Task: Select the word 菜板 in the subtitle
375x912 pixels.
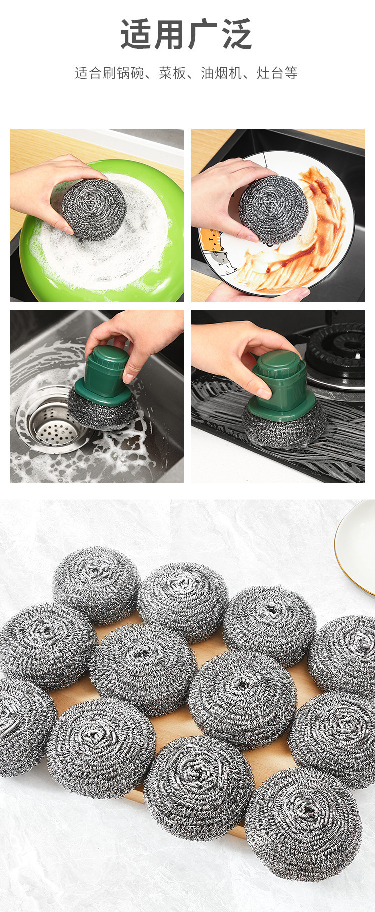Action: (173, 73)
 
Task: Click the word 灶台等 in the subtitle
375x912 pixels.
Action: (278, 73)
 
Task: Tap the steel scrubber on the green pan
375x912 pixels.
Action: (94, 209)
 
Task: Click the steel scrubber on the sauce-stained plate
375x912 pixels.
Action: (273, 210)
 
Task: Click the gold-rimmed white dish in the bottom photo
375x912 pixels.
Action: (355, 546)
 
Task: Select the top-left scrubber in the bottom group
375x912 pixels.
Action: (96, 584)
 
